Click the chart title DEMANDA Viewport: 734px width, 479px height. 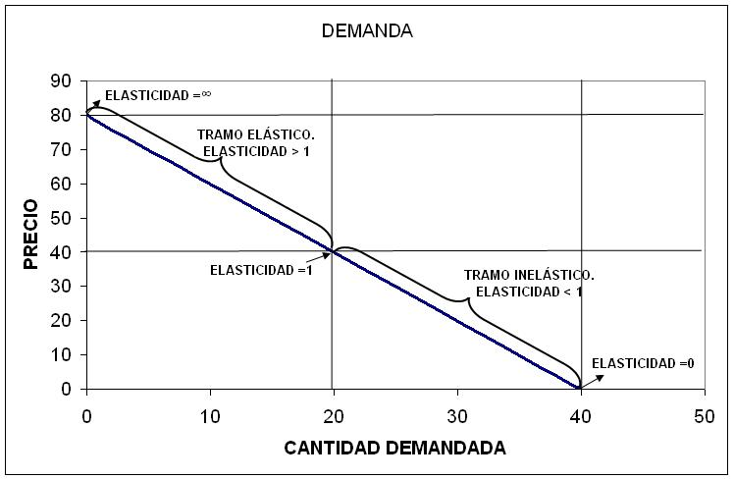367,30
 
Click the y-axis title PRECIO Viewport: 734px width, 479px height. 31,235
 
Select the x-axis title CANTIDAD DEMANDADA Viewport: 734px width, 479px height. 394,449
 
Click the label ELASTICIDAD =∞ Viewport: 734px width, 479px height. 159,95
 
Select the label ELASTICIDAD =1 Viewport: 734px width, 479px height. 261,270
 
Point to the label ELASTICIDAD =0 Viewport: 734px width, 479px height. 644,363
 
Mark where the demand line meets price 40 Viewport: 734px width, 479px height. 334,251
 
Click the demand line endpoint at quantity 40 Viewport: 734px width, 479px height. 581,389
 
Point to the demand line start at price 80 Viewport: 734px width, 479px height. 87,115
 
